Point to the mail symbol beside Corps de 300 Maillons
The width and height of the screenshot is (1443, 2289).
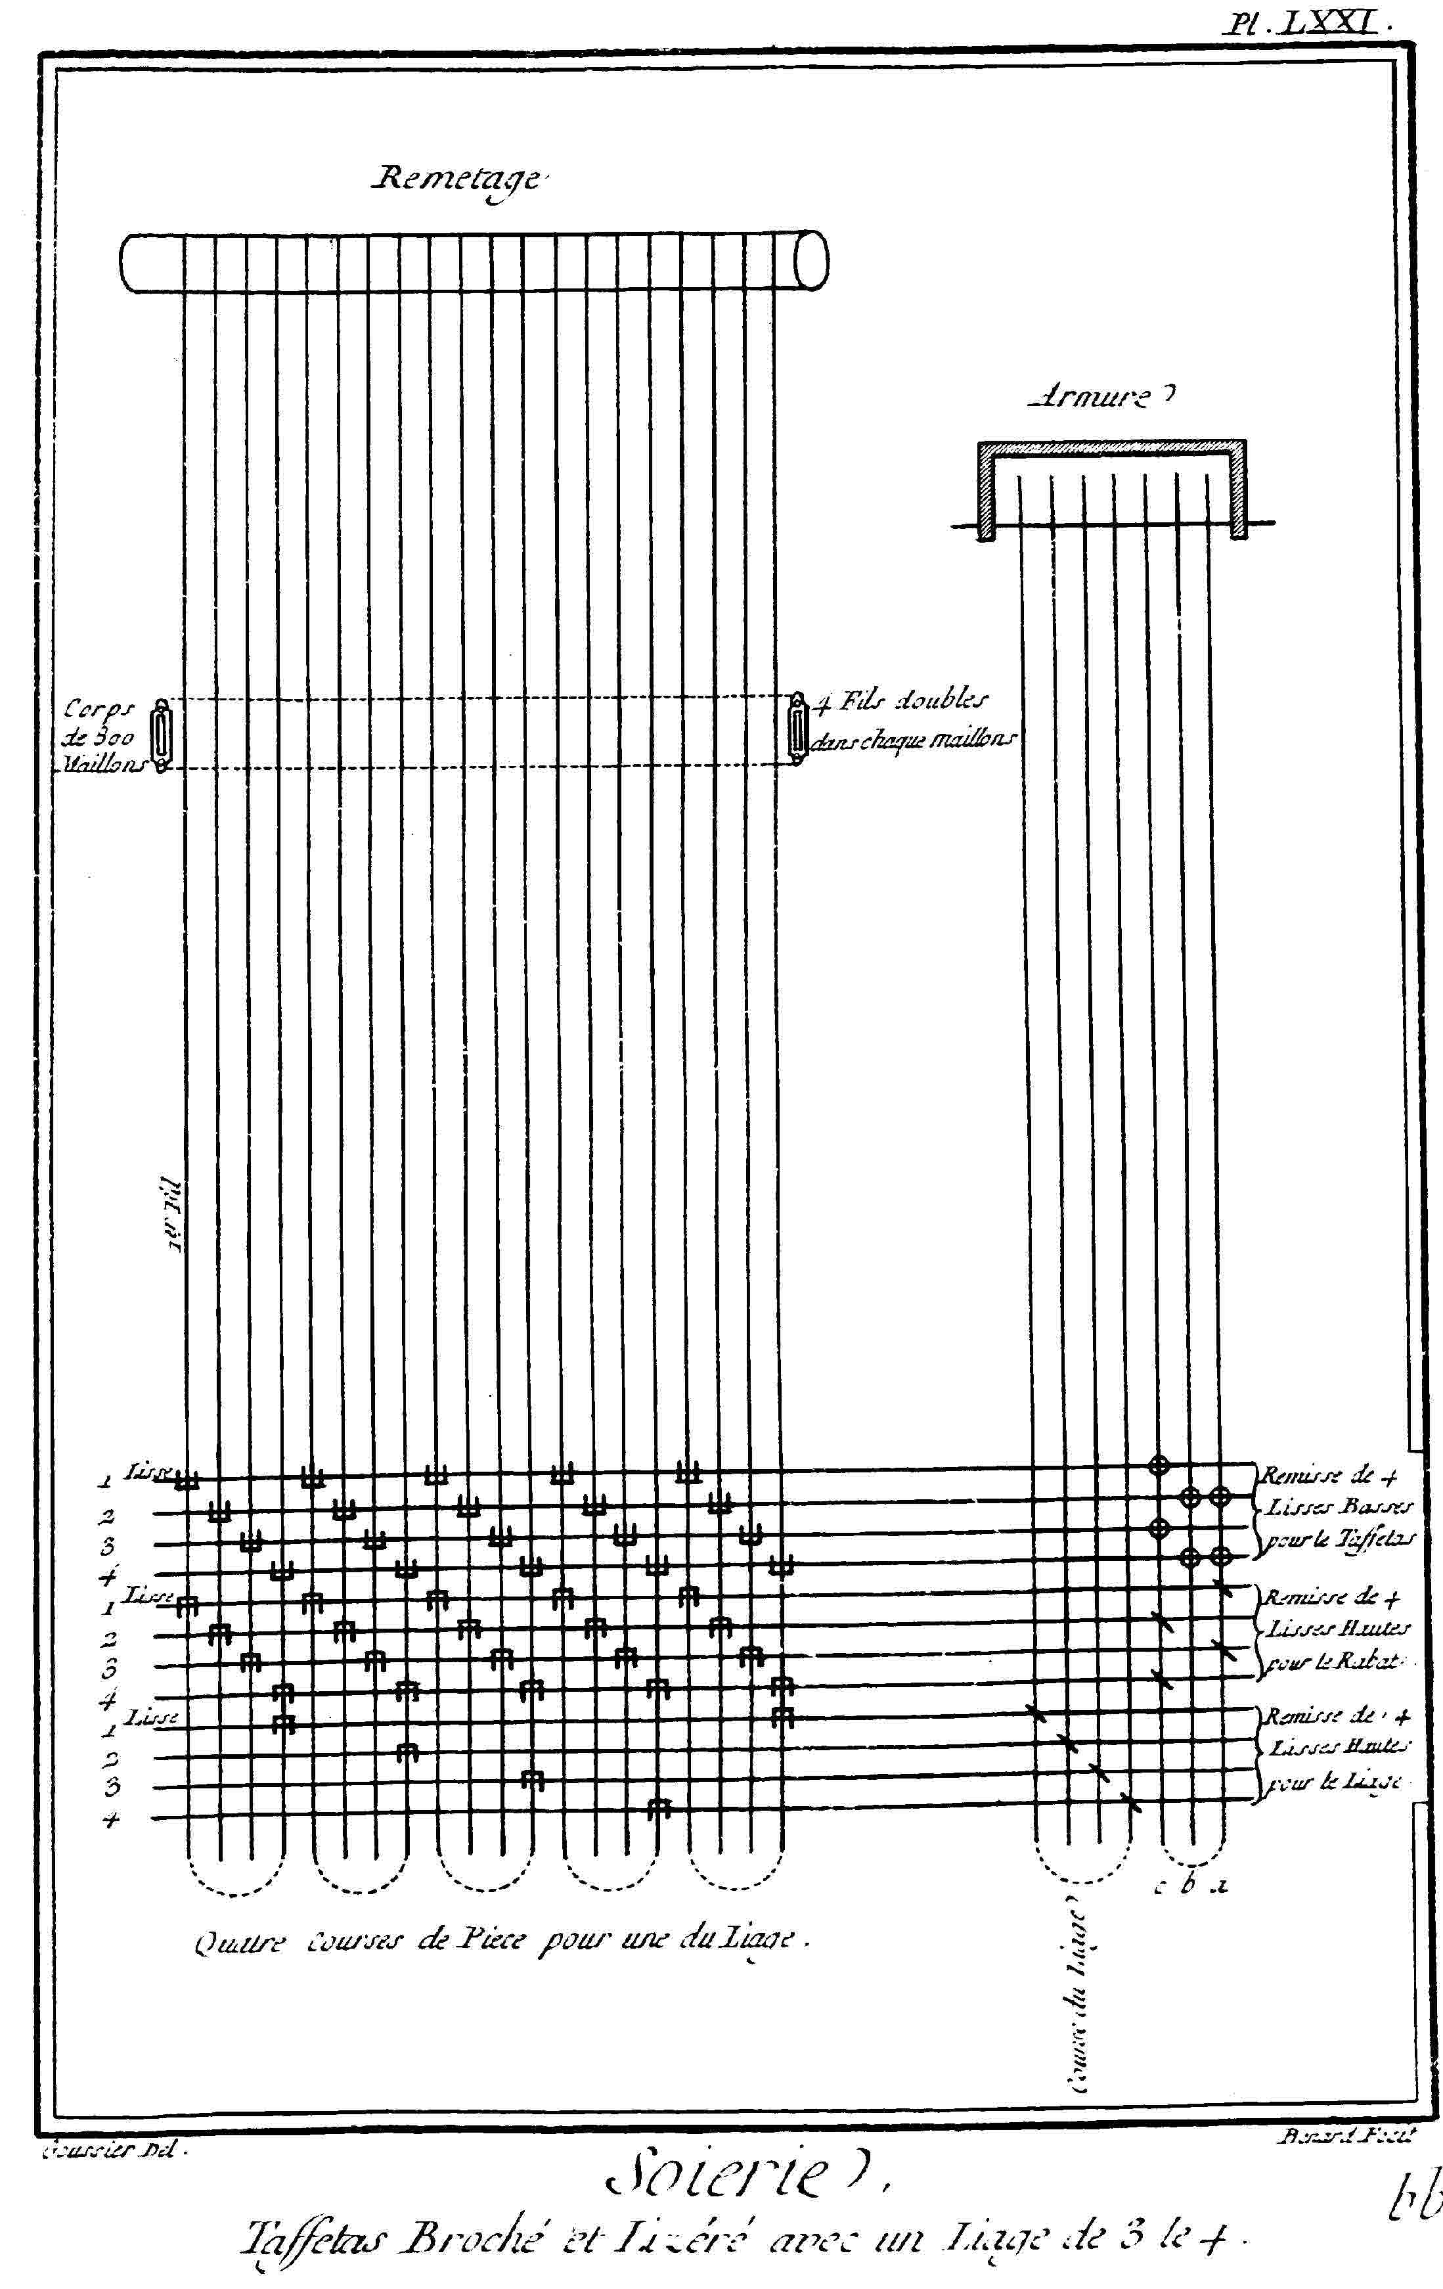tap(162, 737)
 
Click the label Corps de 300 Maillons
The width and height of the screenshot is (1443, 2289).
tap(100, 737)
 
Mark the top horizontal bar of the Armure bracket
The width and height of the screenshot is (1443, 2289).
tap(1111, 447)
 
